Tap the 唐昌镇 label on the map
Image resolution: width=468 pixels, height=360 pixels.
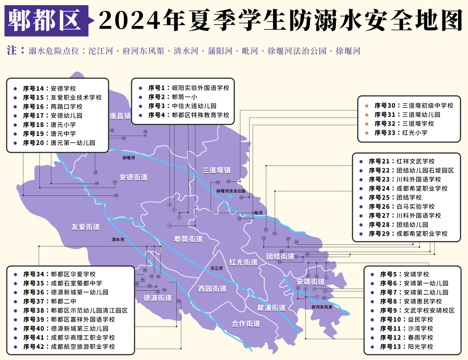click(x=120, y=116)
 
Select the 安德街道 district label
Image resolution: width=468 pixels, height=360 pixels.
click(x=133, y=177)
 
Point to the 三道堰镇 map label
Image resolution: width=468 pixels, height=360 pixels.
click(x=216, y=170)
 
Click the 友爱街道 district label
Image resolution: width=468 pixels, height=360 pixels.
click(x=86, y=227)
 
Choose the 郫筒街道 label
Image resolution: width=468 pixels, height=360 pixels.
click(x=188, y=239)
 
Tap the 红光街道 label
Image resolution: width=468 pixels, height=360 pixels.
click(x=243, y=262)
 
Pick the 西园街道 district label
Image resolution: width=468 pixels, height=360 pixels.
click(x=212, y=289)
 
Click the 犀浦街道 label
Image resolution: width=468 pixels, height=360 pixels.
click(x=271, y=308)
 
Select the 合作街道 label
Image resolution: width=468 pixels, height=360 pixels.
click(x=246, y=324)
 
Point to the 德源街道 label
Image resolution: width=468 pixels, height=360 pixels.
click(x=158, y=298)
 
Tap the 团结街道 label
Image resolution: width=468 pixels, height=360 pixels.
click(x=280, y=256)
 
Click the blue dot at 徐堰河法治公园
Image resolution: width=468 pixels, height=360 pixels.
click(x=231, y=196)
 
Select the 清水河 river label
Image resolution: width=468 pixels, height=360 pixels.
click(x=118, y=240)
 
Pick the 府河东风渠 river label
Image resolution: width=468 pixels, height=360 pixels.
click(x=322, y=307)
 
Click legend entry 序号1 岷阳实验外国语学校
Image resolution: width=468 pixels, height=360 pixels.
click(x=188, y=88)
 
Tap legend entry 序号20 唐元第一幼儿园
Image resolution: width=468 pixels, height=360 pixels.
click(x=58, y=143)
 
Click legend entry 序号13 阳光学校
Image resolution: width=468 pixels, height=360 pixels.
click(x=406, y=347)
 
